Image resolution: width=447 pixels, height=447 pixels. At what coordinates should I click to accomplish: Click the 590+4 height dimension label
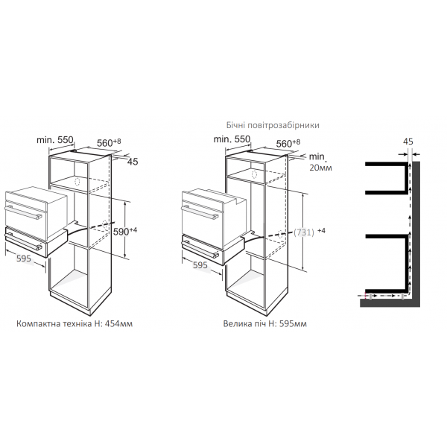[x=125, y=231]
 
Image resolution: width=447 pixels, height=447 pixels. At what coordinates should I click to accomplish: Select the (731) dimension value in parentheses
[x=304, y=232]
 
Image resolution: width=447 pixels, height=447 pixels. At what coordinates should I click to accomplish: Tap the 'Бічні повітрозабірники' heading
[x=273, y=125]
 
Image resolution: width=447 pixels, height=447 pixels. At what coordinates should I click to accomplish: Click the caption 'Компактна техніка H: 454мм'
[x=74, y=324]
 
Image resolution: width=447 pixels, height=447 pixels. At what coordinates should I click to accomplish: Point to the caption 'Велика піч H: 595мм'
[x=264, y=324]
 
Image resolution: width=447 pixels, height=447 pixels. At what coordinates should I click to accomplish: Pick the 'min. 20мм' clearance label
[x=320, y=162]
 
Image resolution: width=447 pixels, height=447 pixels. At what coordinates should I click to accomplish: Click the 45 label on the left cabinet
[x=133, y=162]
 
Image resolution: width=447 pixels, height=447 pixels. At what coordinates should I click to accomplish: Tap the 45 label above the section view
[x=408, y=142]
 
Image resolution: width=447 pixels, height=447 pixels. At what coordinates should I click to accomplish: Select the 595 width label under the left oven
[x=24, y=259]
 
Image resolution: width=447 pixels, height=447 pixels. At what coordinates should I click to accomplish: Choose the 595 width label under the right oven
[x=200, y=265]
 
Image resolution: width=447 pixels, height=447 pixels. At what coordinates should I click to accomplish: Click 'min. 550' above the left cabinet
[x=55, y=140]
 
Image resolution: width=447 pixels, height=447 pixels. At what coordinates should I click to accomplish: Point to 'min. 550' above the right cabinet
[x=232, y=139]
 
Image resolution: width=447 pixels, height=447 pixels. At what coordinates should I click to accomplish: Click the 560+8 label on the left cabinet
[x=109, y=142]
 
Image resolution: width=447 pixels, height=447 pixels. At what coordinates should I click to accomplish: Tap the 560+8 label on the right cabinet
[x=288, y=143]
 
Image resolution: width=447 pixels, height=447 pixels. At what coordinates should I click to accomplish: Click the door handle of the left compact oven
[x=23, y=212]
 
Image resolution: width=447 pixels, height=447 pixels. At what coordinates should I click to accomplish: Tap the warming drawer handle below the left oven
[x=23, y=241]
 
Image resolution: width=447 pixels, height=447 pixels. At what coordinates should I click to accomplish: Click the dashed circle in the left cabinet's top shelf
[x=77, y=182]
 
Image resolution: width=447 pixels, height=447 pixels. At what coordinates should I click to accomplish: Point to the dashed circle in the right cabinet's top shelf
[x=254, y=174]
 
